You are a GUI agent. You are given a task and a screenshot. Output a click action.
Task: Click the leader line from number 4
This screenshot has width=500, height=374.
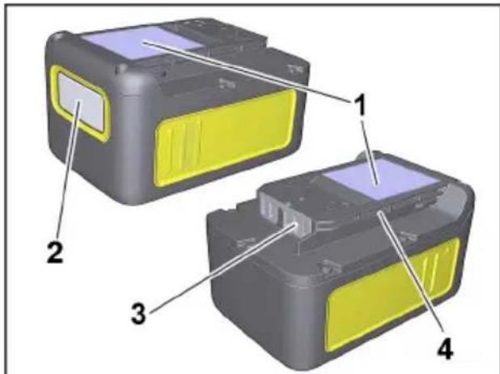[x=413, y=275]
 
